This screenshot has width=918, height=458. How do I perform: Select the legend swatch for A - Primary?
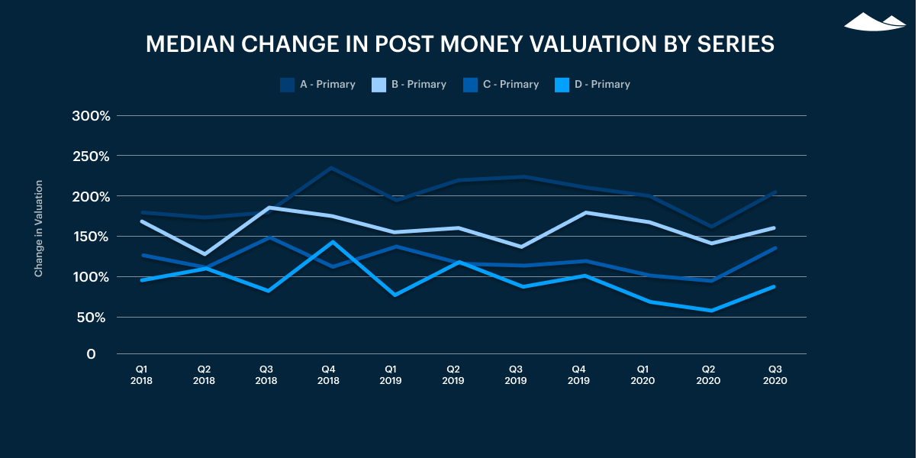(x=288, y=85)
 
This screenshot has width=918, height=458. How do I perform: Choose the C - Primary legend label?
(x=511, y=85)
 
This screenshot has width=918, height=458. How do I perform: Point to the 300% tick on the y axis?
(x=92, y=116)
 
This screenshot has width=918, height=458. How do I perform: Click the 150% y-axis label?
(x=92, y=237)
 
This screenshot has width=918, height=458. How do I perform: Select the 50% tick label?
(x=95, y=317)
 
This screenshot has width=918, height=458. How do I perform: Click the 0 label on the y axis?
(x=92, y=354)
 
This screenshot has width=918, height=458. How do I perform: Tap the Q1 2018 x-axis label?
(x=141, y=374)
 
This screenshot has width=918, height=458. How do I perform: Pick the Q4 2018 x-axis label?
(x=328, y=374)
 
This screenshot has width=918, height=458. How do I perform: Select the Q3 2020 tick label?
(x=775, y=374)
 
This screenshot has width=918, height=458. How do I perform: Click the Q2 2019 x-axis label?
(x=453, y=374)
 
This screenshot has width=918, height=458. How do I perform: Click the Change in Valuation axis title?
(x=39, y=229)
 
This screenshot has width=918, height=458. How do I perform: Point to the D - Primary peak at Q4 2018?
(x=331, y=242)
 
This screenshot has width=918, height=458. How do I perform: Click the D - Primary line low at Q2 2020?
(x=712, y=311)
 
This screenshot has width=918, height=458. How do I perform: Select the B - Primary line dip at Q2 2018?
(x=204, y=253)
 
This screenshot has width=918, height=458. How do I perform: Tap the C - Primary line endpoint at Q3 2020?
(x=775, y=248)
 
